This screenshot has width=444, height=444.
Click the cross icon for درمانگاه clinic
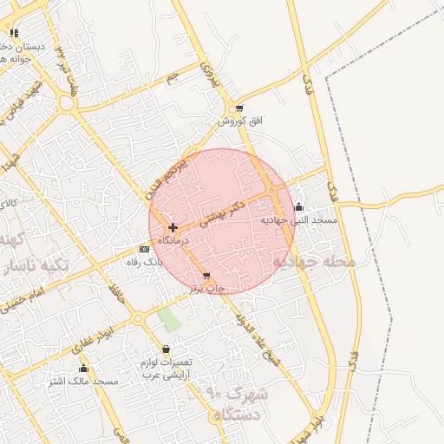[173, 228]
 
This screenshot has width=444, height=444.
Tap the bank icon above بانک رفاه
[144, 249]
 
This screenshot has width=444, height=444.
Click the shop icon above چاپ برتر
[206, 276]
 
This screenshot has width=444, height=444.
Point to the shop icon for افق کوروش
[238, 108]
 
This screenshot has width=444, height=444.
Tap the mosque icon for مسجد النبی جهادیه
[299, 207]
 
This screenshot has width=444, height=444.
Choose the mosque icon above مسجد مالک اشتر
[83, 369]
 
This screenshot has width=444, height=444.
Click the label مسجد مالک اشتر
[83, 382]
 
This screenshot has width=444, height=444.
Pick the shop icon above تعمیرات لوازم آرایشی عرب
[166, 349]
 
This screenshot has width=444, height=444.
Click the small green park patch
[170, 319]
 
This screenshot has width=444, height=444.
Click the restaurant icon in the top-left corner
[14, 33]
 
